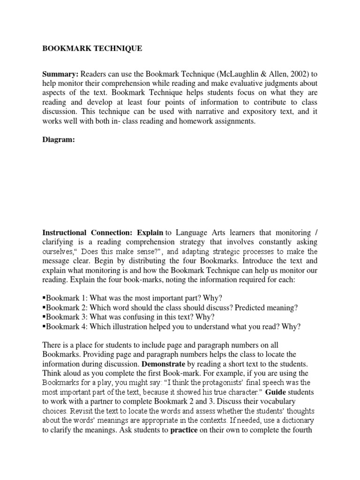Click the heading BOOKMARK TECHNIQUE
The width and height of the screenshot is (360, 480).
(92, 48)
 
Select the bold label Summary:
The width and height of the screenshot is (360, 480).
(60, 74)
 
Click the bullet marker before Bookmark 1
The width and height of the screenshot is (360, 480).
(44, 298)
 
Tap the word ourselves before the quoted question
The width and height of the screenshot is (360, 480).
(60, 251)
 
